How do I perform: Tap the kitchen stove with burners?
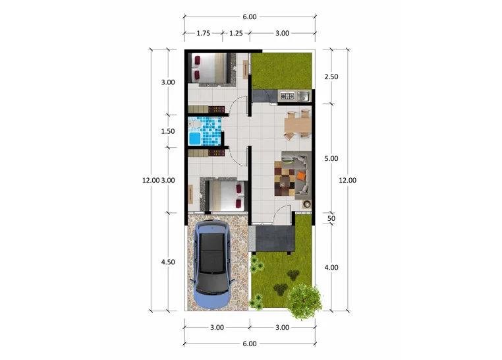(287, 96)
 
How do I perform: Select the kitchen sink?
(304, 96)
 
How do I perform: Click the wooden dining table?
(298, 125)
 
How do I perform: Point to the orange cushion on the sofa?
(301, 175)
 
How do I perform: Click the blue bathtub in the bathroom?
(194, 138)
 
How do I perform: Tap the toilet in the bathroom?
(194, 123)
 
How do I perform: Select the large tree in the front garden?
(304, 302)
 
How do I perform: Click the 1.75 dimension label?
(204, 33)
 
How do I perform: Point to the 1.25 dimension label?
(236, 33)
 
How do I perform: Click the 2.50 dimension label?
(331, 77)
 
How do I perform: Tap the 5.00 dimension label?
(331, 158)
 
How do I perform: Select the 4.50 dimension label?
(168, 262)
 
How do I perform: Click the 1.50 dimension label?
(168, 131)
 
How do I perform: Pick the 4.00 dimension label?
(331, 268)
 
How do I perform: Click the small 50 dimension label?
(331, 218)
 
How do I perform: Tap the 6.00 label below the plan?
(250, 344)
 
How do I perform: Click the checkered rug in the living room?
(285, 179)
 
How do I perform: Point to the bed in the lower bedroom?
(226, 196)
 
